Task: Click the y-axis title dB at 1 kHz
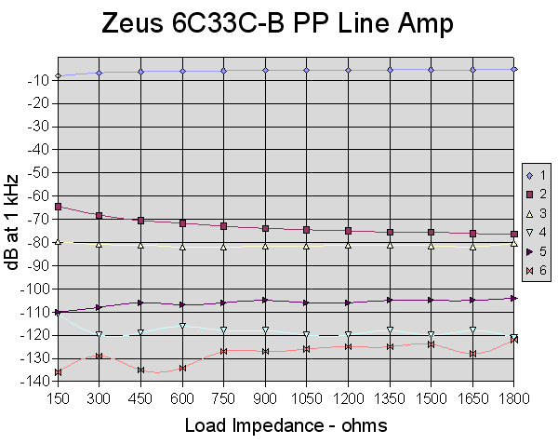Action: [12, 222]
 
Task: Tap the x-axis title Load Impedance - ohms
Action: [286, 424]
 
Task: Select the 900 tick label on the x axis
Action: [266, 397]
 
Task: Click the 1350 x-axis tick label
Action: [390, 397]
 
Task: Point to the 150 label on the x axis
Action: [58, 397]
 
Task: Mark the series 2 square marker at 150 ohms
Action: [58, 207]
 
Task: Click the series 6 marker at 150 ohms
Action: [58, 372]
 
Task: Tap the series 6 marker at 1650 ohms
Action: [473, 354]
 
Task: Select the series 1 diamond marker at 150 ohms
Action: [58, 75]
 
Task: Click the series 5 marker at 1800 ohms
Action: [514, 298]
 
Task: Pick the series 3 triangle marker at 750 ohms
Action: [224, 247]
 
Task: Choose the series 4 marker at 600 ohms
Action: [182, 326]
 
